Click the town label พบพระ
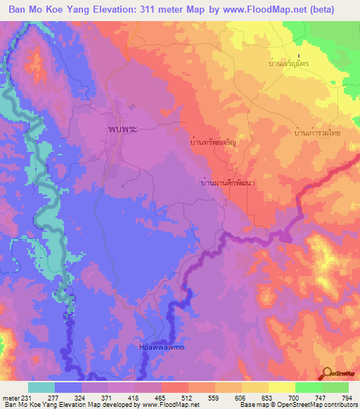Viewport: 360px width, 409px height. pyautogui.click(x=122, y=130)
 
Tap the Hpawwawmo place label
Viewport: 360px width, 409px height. pyautogui.click(x=160, y=347)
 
